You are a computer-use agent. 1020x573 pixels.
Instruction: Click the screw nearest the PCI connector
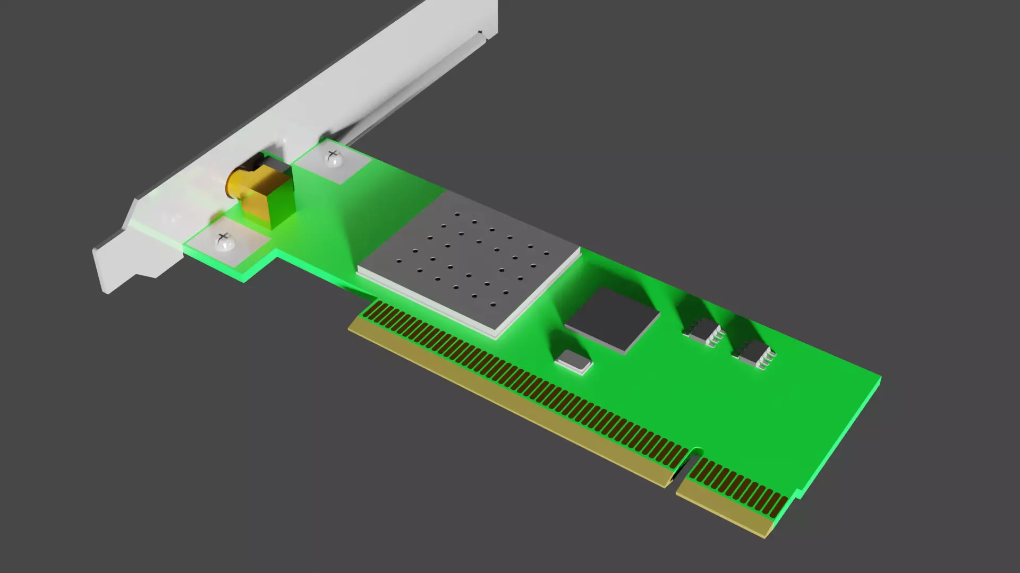(x=224, y=242)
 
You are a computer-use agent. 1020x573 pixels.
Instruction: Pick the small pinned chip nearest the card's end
(x=754, y=351)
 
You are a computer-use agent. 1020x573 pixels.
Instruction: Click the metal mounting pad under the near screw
(x=228, y=247)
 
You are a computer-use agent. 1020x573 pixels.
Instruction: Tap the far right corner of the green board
(x=880, y=377)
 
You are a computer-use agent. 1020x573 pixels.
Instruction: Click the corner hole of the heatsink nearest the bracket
(x=457, y=214)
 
